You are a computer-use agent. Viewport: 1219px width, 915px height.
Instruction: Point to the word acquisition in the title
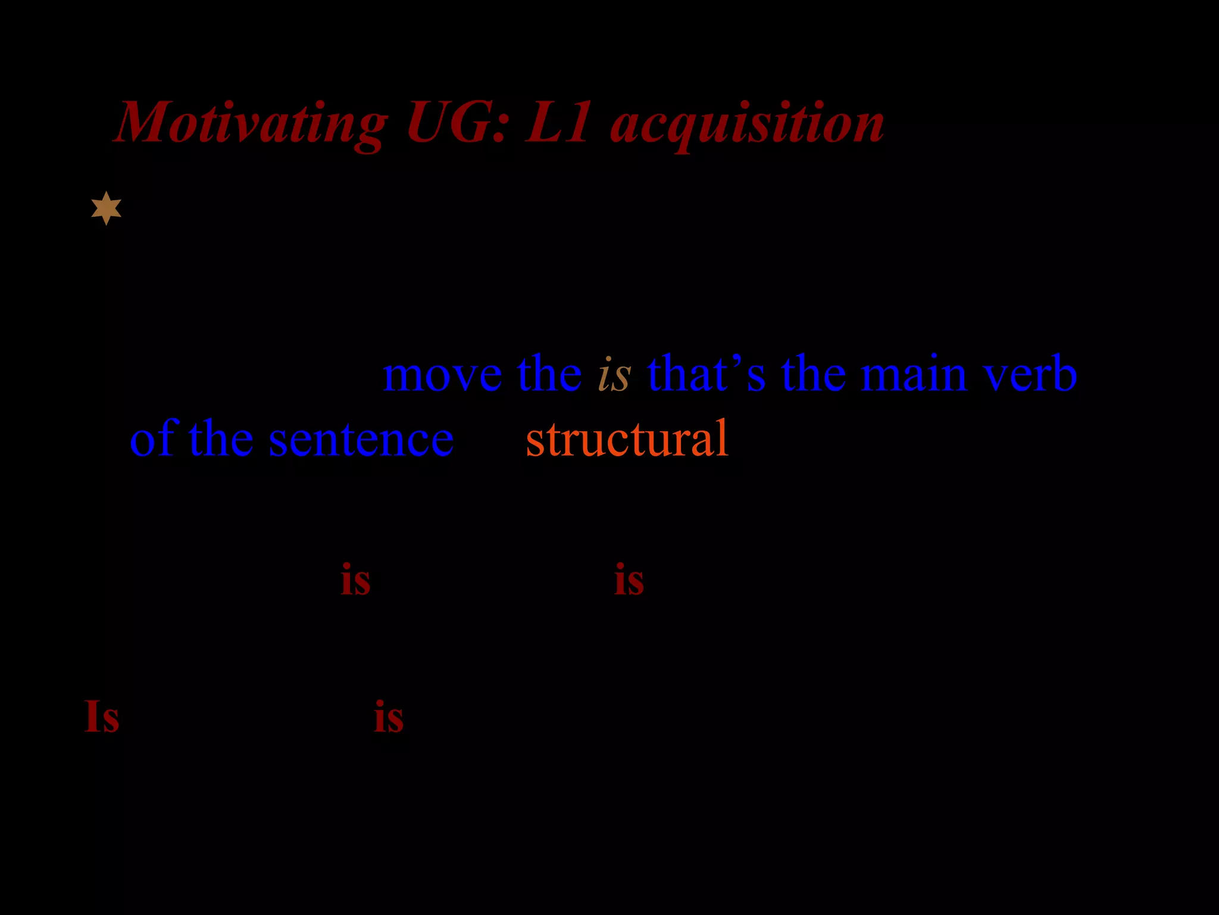pos(747,124)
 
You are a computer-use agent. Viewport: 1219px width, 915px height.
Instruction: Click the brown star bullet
pos(107,208)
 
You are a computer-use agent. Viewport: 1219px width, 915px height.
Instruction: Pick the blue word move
pos(442,375)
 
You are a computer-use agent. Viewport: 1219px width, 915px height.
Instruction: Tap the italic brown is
pos(614,375)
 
